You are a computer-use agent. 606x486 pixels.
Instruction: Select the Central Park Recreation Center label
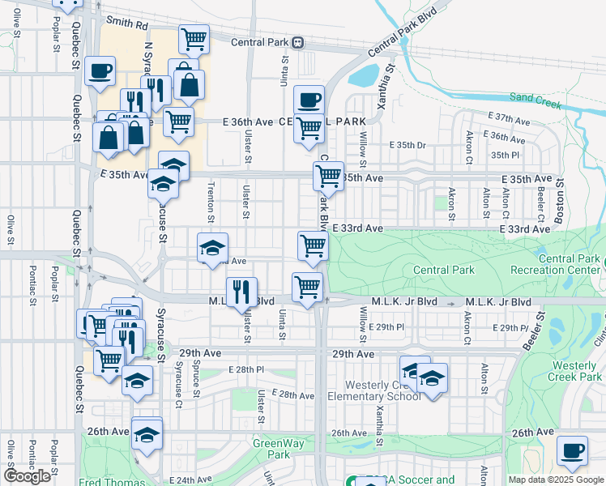pos(557,263)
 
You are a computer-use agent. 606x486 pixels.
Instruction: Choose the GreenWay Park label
pos(271,449)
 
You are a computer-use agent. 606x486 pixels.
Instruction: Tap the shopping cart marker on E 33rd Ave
pos(313,246)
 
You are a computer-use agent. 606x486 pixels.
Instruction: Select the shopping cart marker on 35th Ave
pos(328,175)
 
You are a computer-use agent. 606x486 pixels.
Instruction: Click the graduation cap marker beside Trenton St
pos(212,248)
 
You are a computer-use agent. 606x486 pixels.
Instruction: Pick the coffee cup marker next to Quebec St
pos(100,70)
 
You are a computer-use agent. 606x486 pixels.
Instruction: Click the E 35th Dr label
pos(411,145)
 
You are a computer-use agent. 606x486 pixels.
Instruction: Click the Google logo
pos(27,476)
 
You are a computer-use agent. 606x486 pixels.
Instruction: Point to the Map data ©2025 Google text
pos(554,480)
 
